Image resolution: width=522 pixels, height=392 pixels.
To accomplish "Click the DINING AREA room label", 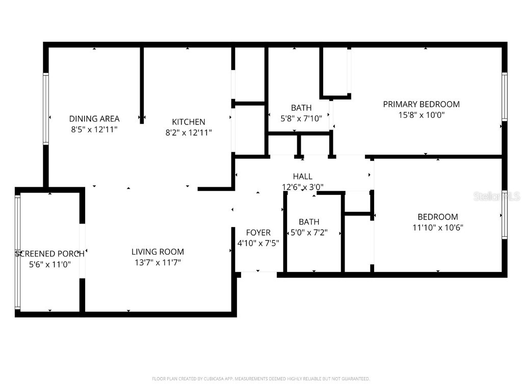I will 94,119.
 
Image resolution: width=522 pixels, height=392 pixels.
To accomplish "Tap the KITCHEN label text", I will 189,122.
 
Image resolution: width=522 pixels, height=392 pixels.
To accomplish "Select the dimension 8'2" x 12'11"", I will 189,133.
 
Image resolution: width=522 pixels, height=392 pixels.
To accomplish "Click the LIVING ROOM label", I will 158,252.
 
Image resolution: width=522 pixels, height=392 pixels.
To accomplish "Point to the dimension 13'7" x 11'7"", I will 158,262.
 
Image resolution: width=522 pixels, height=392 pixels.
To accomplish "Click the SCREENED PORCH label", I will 49,254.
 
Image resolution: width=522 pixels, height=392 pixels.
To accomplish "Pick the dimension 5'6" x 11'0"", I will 49,264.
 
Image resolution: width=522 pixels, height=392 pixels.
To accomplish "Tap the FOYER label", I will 258,233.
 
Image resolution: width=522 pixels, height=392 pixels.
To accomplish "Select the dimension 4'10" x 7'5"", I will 258,243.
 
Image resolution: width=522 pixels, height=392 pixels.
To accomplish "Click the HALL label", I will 302,177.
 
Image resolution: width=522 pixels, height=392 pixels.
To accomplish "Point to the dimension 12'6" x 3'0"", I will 302,187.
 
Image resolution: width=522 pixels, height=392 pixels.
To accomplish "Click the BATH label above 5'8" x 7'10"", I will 301,108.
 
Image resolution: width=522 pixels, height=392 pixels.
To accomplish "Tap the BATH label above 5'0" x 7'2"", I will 309,222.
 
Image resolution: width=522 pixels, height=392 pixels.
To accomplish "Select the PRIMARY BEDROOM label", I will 421,104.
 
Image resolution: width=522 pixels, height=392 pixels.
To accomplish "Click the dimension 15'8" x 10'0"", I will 421,115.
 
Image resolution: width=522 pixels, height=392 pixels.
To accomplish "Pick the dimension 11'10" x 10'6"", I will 437,228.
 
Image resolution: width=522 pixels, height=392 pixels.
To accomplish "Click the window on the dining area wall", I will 46,109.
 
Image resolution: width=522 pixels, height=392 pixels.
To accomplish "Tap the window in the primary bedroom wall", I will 504,97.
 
